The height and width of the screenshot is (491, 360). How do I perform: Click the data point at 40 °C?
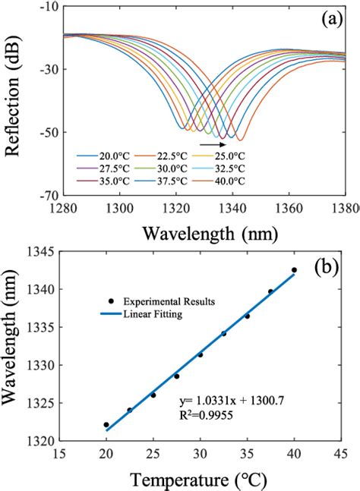tap(294, 269)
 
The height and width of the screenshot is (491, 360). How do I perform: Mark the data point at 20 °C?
tap(106, 424)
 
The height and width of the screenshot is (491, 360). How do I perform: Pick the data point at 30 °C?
tap(201, 354)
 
